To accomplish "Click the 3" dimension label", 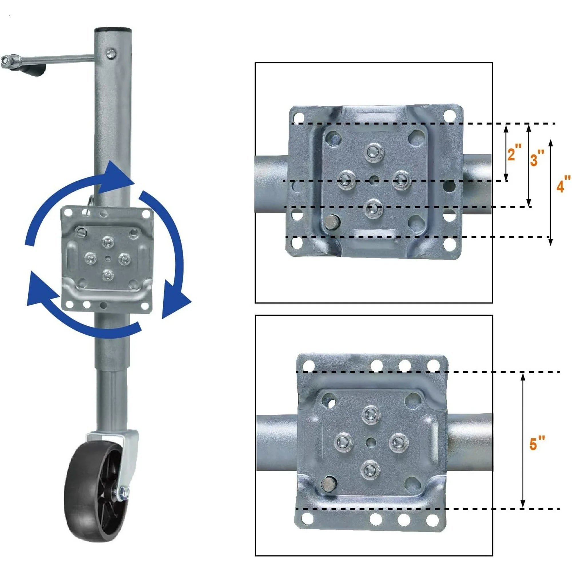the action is coord(537,158).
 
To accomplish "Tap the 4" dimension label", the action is coord(564,184).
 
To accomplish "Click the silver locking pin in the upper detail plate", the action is coord(331,221).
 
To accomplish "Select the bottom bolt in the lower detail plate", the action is coord(370,470).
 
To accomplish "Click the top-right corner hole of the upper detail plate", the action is coord(450,115).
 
